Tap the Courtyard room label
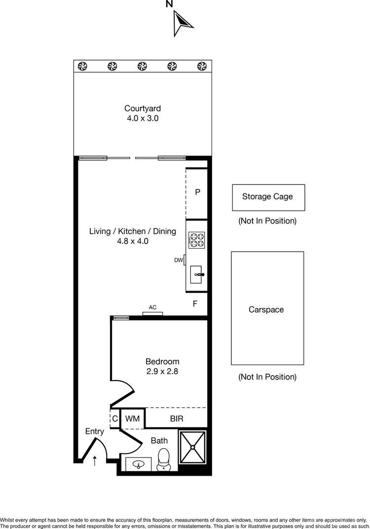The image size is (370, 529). (142, 109)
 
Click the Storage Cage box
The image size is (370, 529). (268, 197)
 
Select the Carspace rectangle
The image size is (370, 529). (267, 308)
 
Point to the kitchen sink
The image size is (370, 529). (197, 273)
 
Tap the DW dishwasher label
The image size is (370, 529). (179, 260)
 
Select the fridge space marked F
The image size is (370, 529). (195, 304)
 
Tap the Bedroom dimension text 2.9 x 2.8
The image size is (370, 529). (162, 372)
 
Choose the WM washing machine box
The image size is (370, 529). (132, 418)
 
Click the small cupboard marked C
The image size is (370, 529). (114, 418)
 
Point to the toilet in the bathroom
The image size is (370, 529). (163, 460)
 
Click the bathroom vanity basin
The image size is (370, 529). (138, 464)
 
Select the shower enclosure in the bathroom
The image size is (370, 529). (192, 447)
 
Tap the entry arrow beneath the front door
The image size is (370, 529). (95, 460)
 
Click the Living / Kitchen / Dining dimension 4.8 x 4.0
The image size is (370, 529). (132, 241)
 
